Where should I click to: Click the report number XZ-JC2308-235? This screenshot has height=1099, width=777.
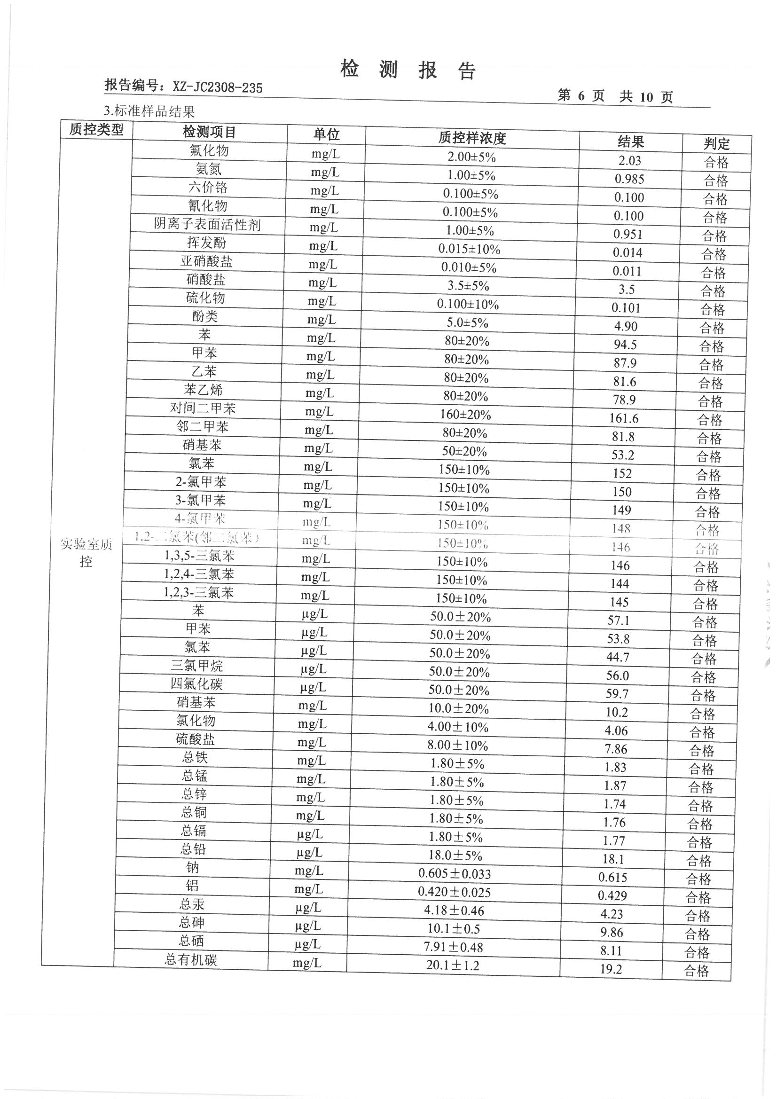pyautogui.click(x=217, y=87)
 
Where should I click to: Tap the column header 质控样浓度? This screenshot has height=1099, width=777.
pyautogui.click(x=472, y=138)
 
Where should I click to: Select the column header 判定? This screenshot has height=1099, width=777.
pyautogui.click(x=716, y=143)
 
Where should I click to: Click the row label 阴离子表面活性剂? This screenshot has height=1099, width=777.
pyautogui.click(x=207, y=225)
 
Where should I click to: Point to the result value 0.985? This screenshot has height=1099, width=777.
pyautogui.click(x=629, y=179)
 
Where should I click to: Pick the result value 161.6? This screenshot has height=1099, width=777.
pyautogui.click(x=624, y=419)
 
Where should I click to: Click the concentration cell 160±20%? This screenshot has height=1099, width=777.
pyautogui.click(x=465, y=415)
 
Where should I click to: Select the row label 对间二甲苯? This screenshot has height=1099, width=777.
pyautogui.click(x=203, y=409)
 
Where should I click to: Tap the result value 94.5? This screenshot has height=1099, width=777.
pyautogui.click(x=626, y=345)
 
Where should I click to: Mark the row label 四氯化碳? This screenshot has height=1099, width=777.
pyautogui.click(x=197, y=684)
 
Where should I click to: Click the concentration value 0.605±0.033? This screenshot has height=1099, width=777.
pyautogui.click(x=455, y=873)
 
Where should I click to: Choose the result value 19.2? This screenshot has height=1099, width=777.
pyautogui.click(x=611, y=969)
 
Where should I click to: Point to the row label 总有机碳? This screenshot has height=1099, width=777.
pyautogui.click(x=191, y=960)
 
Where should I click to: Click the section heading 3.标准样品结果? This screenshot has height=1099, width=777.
pyautogui.click(x=149, y=111)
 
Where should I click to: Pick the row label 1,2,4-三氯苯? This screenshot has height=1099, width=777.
pyautogui.click(x=199, y=574)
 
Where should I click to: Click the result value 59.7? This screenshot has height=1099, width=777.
pyautogui.click(x=617, y=694)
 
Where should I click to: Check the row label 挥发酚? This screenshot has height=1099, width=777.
pyautogui.click(x=206, y=243)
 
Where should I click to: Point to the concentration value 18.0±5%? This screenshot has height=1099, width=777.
pyautogui.click(x=455, y=856)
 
